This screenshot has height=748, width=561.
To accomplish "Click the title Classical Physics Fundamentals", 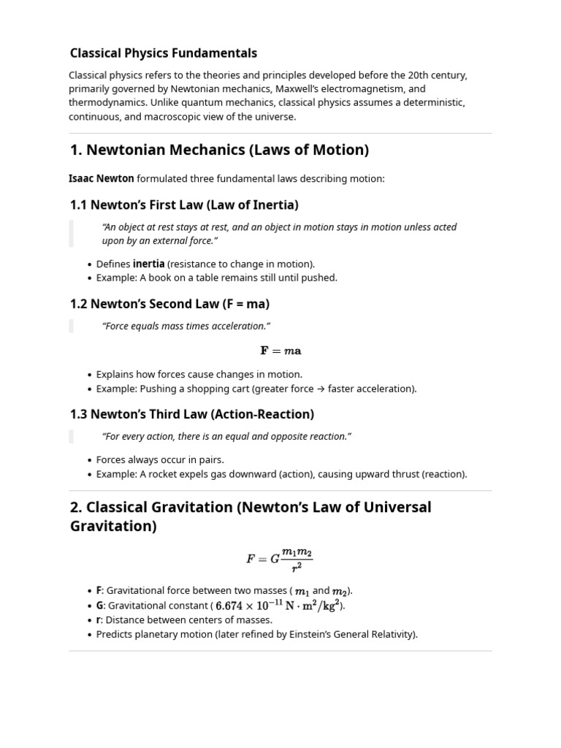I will pyautogui.click(x=163, y=53).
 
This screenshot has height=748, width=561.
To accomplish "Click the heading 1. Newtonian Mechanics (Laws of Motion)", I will pyautogui.click(x=219, y=150).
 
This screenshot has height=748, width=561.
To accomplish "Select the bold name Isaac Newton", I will pyautogui.click(x=102, y=178).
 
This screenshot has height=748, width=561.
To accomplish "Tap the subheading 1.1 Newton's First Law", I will pyautogui.click(x=184, y=205).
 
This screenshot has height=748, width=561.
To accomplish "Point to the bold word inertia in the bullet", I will pyautogui.click(x=148, y=264).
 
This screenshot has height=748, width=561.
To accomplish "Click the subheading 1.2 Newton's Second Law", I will pyautogui.click(x=169, y=304).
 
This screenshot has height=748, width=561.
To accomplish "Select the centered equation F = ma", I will pyautogui.click(x=280, y=351).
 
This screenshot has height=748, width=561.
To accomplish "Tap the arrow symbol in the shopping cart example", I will pyautogui.click(x=321, y=389).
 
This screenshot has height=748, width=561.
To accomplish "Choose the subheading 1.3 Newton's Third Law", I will pyautogui.click(x=191, y=414).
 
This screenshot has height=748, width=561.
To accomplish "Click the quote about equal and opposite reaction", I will pyautogui.click(x=226, y=436).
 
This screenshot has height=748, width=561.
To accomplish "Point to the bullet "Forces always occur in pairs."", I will pyautogui.click(x=160, y=459).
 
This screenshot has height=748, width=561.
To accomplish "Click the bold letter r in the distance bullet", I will pyautogui.click(x=99, y=619).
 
